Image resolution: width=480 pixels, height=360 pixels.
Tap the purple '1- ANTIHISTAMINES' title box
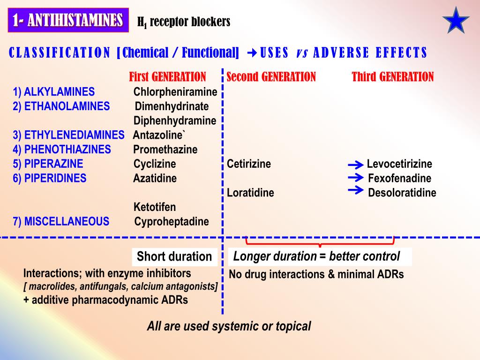click(x=68, y=21)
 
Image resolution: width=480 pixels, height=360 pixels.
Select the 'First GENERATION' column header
click(x=167, y=77)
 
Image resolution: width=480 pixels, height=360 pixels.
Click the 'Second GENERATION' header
click(x=271, y=77)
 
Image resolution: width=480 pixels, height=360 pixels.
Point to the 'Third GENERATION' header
click(x=393, y=77)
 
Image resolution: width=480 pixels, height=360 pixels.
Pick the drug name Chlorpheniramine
click(x=175, y=92)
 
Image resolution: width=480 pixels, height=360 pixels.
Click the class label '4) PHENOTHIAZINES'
click(x=62, y=150)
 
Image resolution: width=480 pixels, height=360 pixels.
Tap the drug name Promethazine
click(x=165, y=150)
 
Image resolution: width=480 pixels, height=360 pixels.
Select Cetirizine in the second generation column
click(x=249, y=164)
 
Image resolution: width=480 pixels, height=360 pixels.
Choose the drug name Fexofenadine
click(x=399, y=179)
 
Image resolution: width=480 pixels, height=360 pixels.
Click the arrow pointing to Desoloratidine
click(x=356, y=190)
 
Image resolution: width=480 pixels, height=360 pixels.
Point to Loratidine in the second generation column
click(x=250, y=193)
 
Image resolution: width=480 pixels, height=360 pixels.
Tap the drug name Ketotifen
click(x=155, y=207)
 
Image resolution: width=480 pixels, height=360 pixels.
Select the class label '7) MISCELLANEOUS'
click(x=61, y=221)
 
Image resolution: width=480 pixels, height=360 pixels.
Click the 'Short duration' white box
click(x=174, y=256)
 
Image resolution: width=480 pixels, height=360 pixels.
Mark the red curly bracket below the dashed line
click(x=320, y=242)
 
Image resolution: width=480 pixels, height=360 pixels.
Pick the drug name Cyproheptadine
click(x=172, y=222)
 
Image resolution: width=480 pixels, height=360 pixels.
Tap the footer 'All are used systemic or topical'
click(x=229, y=326)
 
